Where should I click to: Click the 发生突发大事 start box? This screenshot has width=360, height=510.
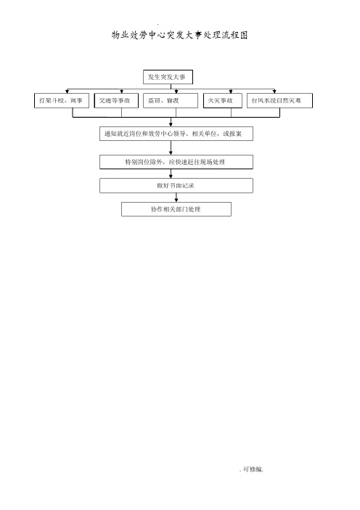coord(168,77)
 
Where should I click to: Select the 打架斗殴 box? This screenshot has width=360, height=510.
coord(62,100)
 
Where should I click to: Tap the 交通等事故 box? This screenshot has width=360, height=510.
coord(116,100)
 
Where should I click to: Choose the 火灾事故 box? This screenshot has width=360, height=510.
coord(223,100)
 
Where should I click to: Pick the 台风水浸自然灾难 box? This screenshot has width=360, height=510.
coord(279,100)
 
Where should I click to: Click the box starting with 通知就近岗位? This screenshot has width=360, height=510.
coord(176,134)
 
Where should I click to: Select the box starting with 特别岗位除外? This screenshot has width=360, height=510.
coord(176,162)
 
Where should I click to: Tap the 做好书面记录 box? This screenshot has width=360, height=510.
coord(176,186)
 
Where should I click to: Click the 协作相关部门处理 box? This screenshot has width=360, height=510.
coord(176,209)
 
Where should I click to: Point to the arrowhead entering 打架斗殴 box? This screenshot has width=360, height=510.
coord(67,92)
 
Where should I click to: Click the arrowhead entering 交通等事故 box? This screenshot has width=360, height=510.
coord(121,92)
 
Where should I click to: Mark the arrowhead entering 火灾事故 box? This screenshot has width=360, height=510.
coord(231,92)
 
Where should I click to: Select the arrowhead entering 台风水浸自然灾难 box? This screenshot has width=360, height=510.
coord(274,92)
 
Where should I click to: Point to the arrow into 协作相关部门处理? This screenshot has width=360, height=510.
coord(176,198)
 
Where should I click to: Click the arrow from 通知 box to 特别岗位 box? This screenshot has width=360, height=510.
coord(171,147)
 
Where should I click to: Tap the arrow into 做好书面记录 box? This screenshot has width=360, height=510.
coord(171,174)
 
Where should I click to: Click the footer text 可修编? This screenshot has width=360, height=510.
coord(253,469)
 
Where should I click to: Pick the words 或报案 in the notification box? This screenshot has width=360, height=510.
coord(232,134)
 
